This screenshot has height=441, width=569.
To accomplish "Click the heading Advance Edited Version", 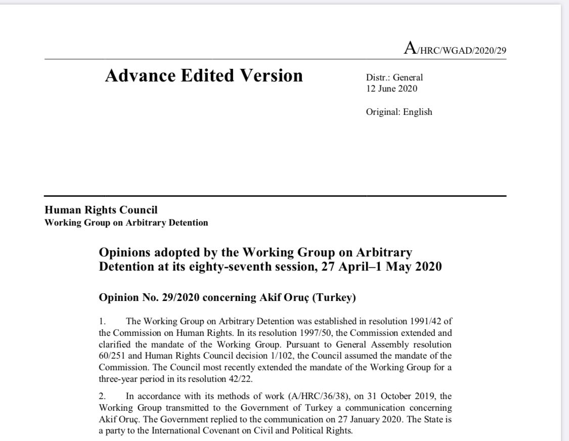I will (204, 75).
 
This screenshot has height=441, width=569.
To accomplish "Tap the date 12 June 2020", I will (391, 89).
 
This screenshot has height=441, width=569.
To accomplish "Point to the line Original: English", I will (399, 112).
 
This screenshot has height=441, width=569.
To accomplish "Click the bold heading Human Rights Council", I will (101, 210).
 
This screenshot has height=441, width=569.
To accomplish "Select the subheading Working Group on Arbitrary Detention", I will (126, 223).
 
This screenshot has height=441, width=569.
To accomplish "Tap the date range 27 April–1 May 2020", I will (381, 266).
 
